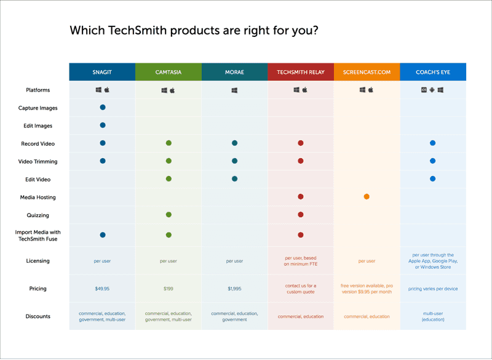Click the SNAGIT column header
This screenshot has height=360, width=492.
click(x=102, y=72)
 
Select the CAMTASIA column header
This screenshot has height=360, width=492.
click(x=168, y=72)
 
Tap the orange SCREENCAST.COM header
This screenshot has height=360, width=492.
click(x=367, y=72)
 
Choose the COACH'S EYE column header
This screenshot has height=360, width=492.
click(x=433, y=72)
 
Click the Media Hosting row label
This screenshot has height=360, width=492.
click(x=38, y=198)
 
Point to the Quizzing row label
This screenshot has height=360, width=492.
click(x=38, y=215)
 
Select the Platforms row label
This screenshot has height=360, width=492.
click(x=38, y=90)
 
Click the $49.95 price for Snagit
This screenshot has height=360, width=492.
click(x=102, y=289)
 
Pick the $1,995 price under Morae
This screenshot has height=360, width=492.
click(x=234, y=289)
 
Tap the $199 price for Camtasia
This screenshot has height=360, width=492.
click(x=168, y=289)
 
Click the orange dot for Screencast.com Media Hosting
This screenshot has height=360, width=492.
click(x=367, y=197)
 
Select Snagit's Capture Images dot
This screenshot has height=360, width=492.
click(x=103, y=108)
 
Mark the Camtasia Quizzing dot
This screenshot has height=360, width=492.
click(x=169, y=215)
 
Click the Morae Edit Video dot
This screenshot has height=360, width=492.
click(x=234, y=179)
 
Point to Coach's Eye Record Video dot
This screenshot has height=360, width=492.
click(x=433, y=143)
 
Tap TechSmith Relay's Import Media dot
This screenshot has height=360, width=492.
click(x=301, y=235)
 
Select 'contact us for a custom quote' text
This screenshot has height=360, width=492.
click(x=301, y=289)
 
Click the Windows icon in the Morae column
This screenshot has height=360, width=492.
click(x=234, y=90)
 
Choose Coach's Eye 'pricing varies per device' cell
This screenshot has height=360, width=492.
click(x=433, y=289)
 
